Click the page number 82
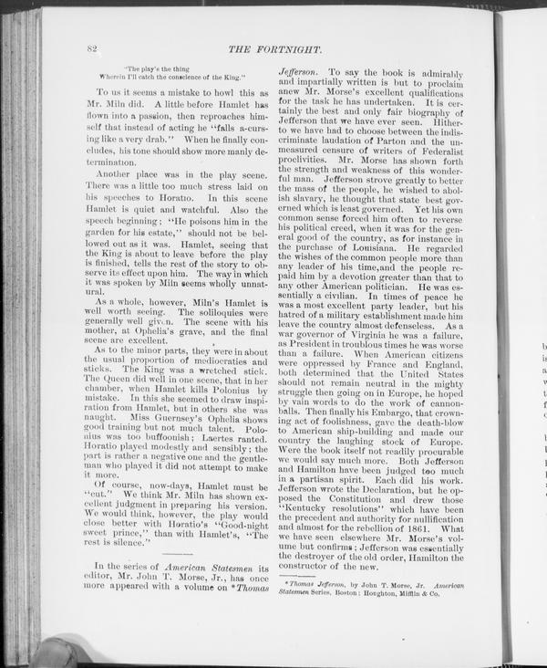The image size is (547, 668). [x=91, y=47]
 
